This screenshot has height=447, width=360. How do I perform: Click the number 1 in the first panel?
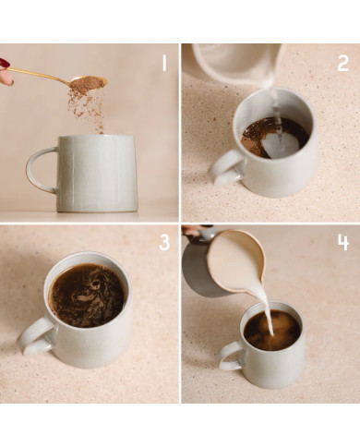164,63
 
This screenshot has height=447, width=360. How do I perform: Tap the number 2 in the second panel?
342,63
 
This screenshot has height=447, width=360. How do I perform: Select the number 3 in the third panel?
164,242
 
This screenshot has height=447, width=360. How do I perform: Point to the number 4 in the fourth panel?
342,242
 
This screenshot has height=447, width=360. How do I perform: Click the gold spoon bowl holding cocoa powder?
88,83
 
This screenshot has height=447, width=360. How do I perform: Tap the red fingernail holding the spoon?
5,64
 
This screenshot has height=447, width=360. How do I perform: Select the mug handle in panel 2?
224,166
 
